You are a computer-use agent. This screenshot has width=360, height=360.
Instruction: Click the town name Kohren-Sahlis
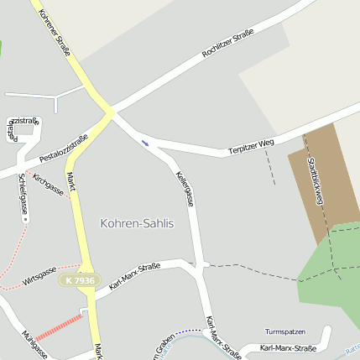(x=137, y=223)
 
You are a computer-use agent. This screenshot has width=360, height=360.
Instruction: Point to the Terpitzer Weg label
(x=251, y=148)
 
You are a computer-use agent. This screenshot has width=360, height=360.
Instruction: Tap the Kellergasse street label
(x=185, y=189)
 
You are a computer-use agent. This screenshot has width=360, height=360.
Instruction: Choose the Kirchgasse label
(x=48, y=184)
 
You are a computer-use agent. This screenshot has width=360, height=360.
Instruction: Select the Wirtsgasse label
(x=39, y=278)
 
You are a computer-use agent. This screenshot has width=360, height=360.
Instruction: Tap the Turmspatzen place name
(x=285, y=332)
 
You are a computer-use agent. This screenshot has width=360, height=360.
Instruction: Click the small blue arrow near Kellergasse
(x=146, y=143)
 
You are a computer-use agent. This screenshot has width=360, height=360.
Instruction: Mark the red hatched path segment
(x=59, y=326)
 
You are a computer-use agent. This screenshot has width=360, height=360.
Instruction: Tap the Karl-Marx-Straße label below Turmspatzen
(x=288, y=347)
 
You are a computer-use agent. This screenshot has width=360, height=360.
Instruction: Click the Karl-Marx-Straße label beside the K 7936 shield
(x=134, y=278)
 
